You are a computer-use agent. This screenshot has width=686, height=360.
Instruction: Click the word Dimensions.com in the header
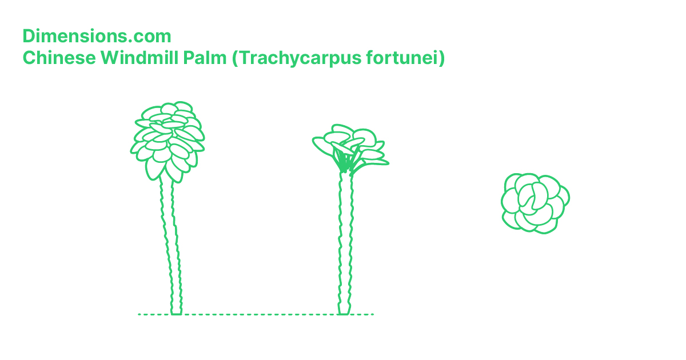tap(97, 36)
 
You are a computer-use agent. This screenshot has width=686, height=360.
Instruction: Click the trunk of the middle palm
tap(345, 240)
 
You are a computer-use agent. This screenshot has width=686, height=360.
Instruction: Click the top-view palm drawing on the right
tap(535, 203)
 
